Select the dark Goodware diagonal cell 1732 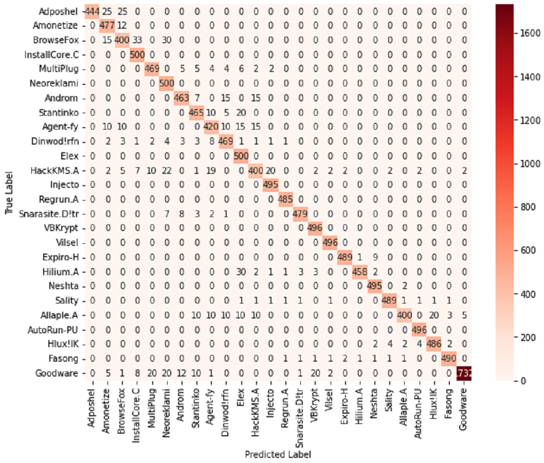point(464,374)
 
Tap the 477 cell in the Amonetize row point(107,25)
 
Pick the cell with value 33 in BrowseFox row point(137,40)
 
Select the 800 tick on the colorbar point(521,207)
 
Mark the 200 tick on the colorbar point(521,337)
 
